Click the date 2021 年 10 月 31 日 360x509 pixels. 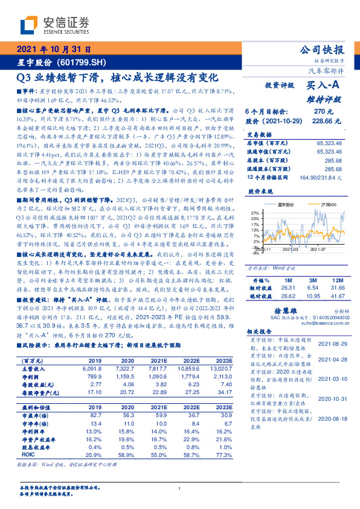[55, 50]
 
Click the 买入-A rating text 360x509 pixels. [323, 86]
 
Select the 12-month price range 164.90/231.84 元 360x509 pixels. [317, 177]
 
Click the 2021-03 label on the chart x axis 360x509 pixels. [291, 248]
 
